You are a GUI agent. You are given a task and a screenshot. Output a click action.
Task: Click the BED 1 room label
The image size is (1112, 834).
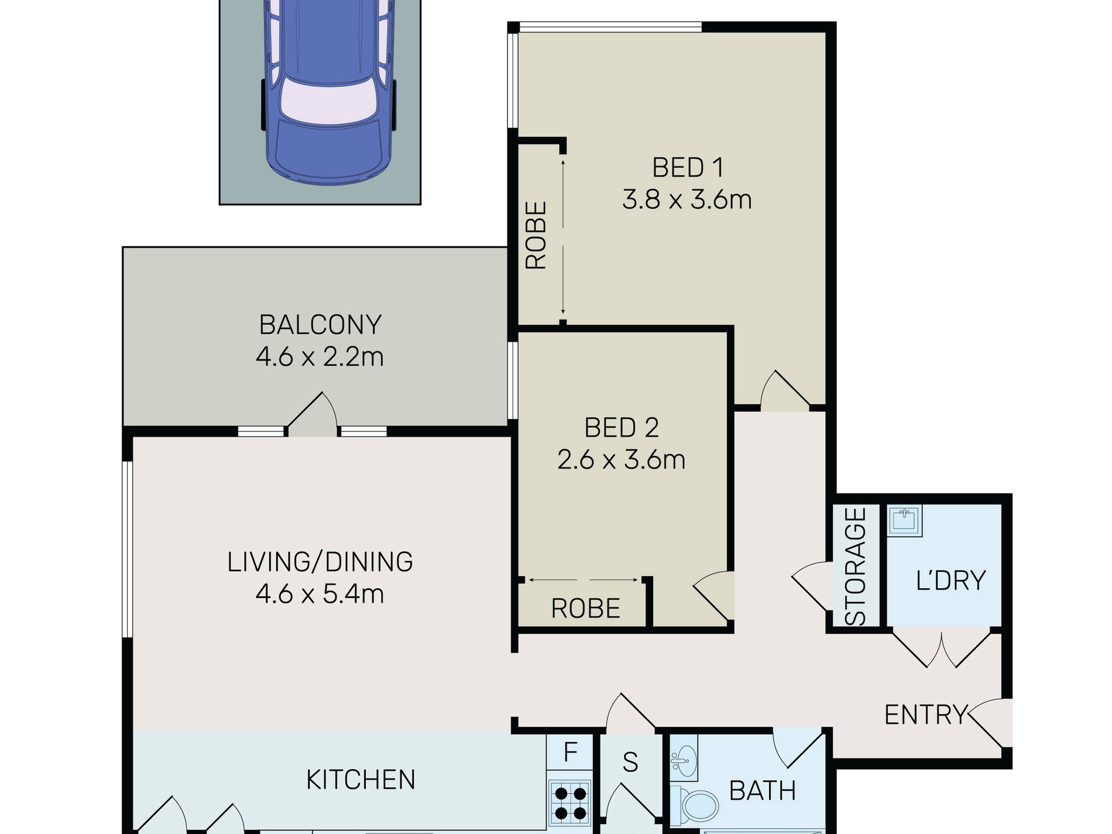click(x=688, y=168)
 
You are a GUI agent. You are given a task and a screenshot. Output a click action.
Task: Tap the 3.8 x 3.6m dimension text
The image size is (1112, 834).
click(x=687, y=200)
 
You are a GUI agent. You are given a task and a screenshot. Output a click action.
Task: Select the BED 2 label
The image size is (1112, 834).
click(x=622, y=428)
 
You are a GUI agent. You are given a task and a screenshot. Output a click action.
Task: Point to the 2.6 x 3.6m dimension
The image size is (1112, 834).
click(x=622, y=459)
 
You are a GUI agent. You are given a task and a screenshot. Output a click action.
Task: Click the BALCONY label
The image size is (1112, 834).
click(x=320, y=325)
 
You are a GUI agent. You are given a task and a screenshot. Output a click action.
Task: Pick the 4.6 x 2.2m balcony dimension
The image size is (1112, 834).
click(x=320, y=356)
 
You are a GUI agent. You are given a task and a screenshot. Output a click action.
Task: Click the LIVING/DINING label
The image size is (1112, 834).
click(x=320, y=562)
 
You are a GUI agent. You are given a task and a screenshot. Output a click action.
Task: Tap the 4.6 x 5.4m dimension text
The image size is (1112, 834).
click(x=320, y=594)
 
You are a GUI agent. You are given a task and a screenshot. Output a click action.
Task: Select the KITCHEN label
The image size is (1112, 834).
click(x=361, y=780)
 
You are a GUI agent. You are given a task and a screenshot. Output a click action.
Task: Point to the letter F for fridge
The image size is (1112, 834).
click(x=570, y=751)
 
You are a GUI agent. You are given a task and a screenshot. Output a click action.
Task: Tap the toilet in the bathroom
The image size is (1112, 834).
click(x=695, y=805)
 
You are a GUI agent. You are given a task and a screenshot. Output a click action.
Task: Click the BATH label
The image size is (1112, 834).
click(x=763, y=791)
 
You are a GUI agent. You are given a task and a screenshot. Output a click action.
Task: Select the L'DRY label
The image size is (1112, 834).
click(x=950, y=581)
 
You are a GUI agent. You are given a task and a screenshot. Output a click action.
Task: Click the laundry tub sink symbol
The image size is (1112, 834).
click(x=905, y=520)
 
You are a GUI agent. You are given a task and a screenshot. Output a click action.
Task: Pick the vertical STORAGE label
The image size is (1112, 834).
click(x=856, y=567)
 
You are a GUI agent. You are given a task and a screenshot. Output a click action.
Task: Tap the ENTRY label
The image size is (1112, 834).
click(x=925, y=715)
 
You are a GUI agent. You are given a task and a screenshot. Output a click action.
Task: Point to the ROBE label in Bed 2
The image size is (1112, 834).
click(x=585, y=609)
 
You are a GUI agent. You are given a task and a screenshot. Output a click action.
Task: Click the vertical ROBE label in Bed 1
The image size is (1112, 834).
click(x=536, y=235)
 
